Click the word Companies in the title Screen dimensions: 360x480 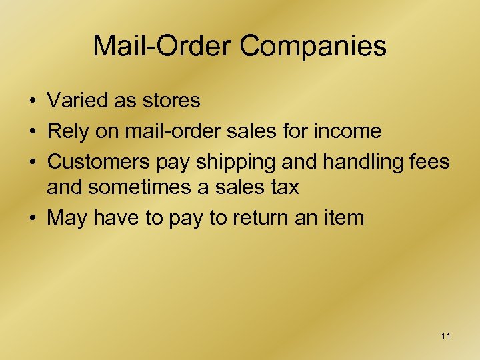[x=313, y=47]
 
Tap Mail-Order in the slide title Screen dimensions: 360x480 [x=163, y=47]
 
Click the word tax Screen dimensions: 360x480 [x=284, y=187]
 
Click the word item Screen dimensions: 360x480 [x=344, y=218]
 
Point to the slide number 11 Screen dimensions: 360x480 [x=445, y=337]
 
